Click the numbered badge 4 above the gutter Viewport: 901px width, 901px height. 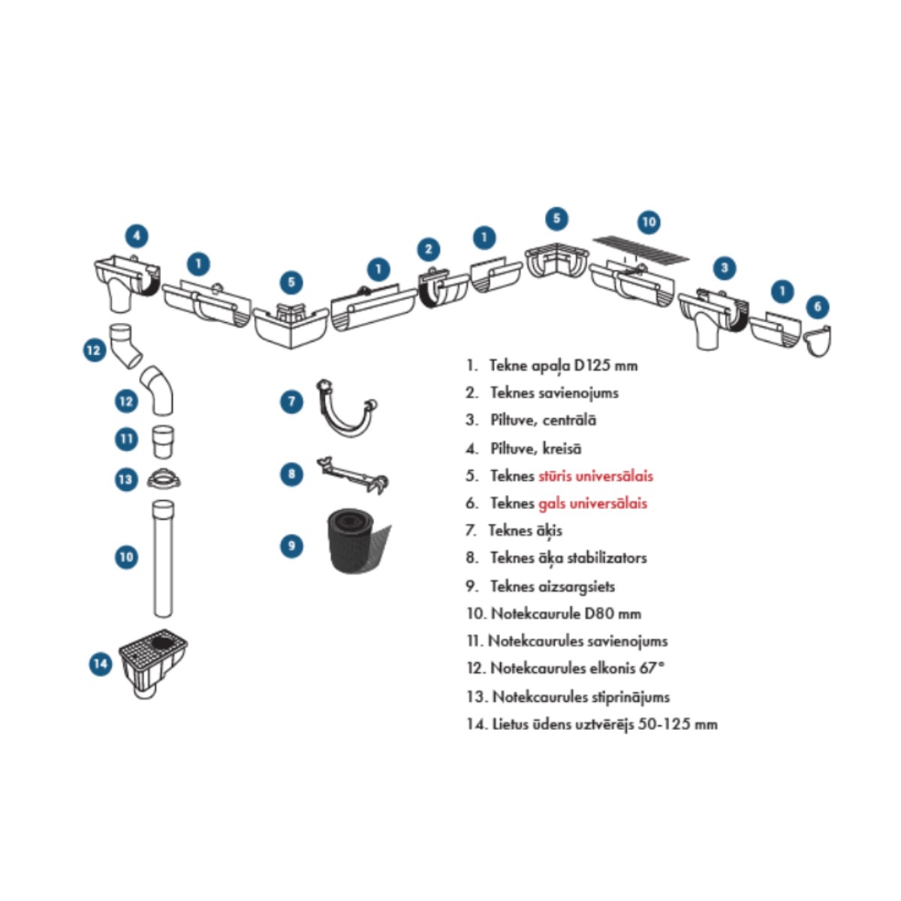point(136,236)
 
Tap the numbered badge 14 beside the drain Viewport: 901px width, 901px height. point(100,664)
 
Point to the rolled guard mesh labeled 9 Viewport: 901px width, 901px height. point(357,540)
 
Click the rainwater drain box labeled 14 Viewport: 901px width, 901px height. point(153,662)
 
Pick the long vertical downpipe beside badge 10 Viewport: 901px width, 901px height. point(162,558)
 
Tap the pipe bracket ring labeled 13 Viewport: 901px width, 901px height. point(163,478)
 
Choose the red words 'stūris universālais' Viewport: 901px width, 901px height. point(595,476)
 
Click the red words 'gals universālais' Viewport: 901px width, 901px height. point(592,503)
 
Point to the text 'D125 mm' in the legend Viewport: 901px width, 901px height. point(606,366)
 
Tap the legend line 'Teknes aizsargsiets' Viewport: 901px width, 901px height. point(552,586)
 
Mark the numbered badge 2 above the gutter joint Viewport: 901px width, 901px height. point(428,249)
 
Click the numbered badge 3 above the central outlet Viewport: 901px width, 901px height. point(724,267)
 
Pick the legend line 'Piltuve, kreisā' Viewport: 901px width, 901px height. point(535,448)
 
